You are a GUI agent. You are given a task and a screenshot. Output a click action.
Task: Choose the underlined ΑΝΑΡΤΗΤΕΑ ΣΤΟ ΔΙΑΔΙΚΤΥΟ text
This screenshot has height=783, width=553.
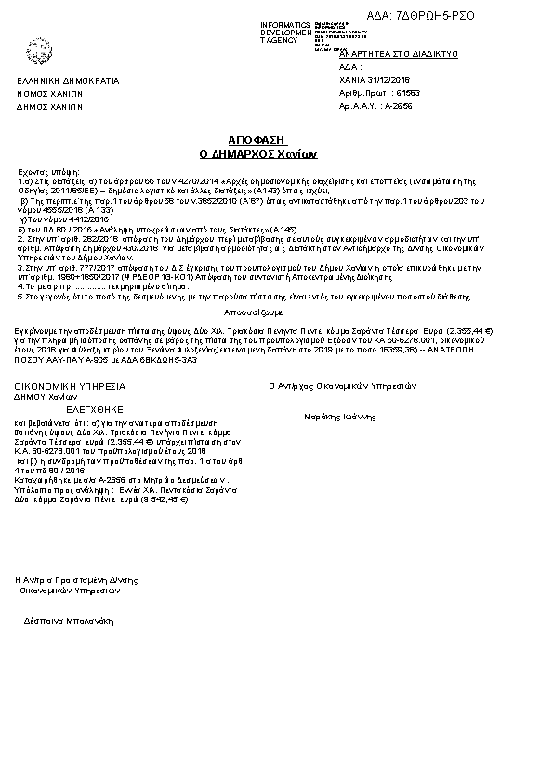point(402,55)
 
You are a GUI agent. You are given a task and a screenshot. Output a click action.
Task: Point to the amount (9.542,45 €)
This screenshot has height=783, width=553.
point(164,498)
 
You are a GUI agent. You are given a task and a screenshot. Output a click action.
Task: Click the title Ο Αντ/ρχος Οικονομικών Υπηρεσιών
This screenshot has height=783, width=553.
point(342,385)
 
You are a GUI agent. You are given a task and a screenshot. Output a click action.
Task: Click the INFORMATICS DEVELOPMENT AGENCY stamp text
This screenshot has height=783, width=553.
point(285,33)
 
